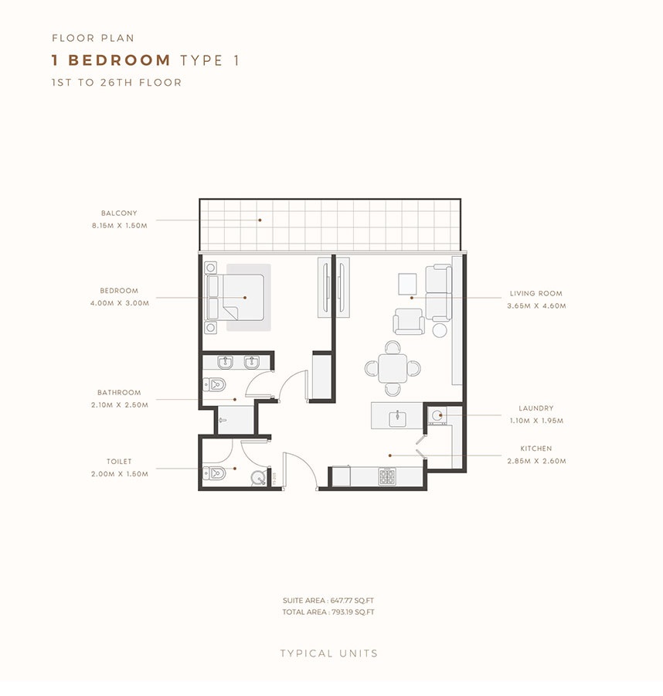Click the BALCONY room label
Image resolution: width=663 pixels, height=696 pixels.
(118, 213)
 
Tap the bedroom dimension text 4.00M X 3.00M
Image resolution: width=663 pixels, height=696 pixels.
(119, 303)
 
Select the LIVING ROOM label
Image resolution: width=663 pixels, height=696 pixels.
(535, 294)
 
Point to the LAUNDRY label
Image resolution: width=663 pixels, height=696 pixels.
(536, 408)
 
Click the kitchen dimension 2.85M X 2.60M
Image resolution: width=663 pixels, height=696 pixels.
(536, 461)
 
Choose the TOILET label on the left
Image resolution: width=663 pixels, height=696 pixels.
(119, 461)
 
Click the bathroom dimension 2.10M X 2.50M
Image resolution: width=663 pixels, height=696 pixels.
(119, 404)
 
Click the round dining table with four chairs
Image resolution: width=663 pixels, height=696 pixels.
(393, 368)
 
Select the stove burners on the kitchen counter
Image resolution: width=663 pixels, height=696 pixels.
(387, 477)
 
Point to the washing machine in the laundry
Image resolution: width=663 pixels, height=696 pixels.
(437, 415)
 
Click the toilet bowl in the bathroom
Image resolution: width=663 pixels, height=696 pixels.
(214, 384)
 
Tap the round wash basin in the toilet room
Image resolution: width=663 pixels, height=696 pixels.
(258, 479)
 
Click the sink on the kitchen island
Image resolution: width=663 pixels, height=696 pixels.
(397, 418)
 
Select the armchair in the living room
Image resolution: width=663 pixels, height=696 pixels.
(409, 321)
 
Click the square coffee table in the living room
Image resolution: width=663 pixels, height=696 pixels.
(407, 284)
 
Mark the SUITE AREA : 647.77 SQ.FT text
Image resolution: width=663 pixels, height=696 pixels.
(329, 600)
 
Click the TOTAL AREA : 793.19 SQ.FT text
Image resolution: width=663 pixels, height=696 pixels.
(329, 612)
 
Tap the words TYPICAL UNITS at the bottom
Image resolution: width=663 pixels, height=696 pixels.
(329, 653)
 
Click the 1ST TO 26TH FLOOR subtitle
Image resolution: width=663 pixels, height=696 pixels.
(117, 83)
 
